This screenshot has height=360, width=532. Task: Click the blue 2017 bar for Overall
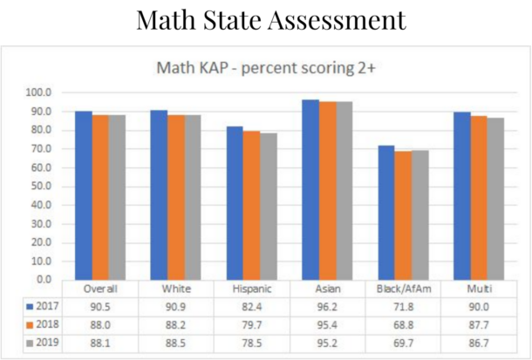click(84, 195)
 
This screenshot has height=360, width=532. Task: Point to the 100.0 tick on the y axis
click(40, 92)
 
